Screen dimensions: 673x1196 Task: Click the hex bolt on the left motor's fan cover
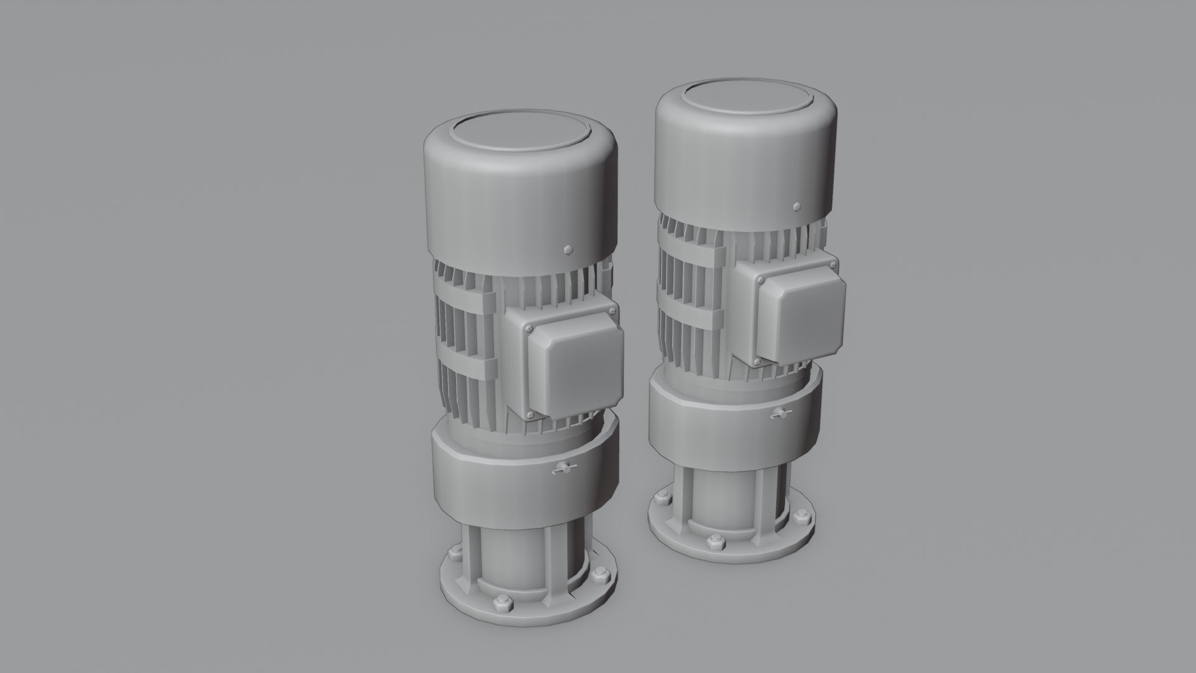coord(567,250)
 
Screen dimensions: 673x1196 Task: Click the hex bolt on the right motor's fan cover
coord(796,206)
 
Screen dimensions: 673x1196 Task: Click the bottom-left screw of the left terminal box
coord(530,416)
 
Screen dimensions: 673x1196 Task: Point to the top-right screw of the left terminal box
coord(609,309)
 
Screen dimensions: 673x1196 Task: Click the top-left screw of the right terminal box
coord(760,280)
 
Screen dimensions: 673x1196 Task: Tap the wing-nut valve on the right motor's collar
coord(779,414)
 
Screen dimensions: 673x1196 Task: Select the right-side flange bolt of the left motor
coord(601,574)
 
